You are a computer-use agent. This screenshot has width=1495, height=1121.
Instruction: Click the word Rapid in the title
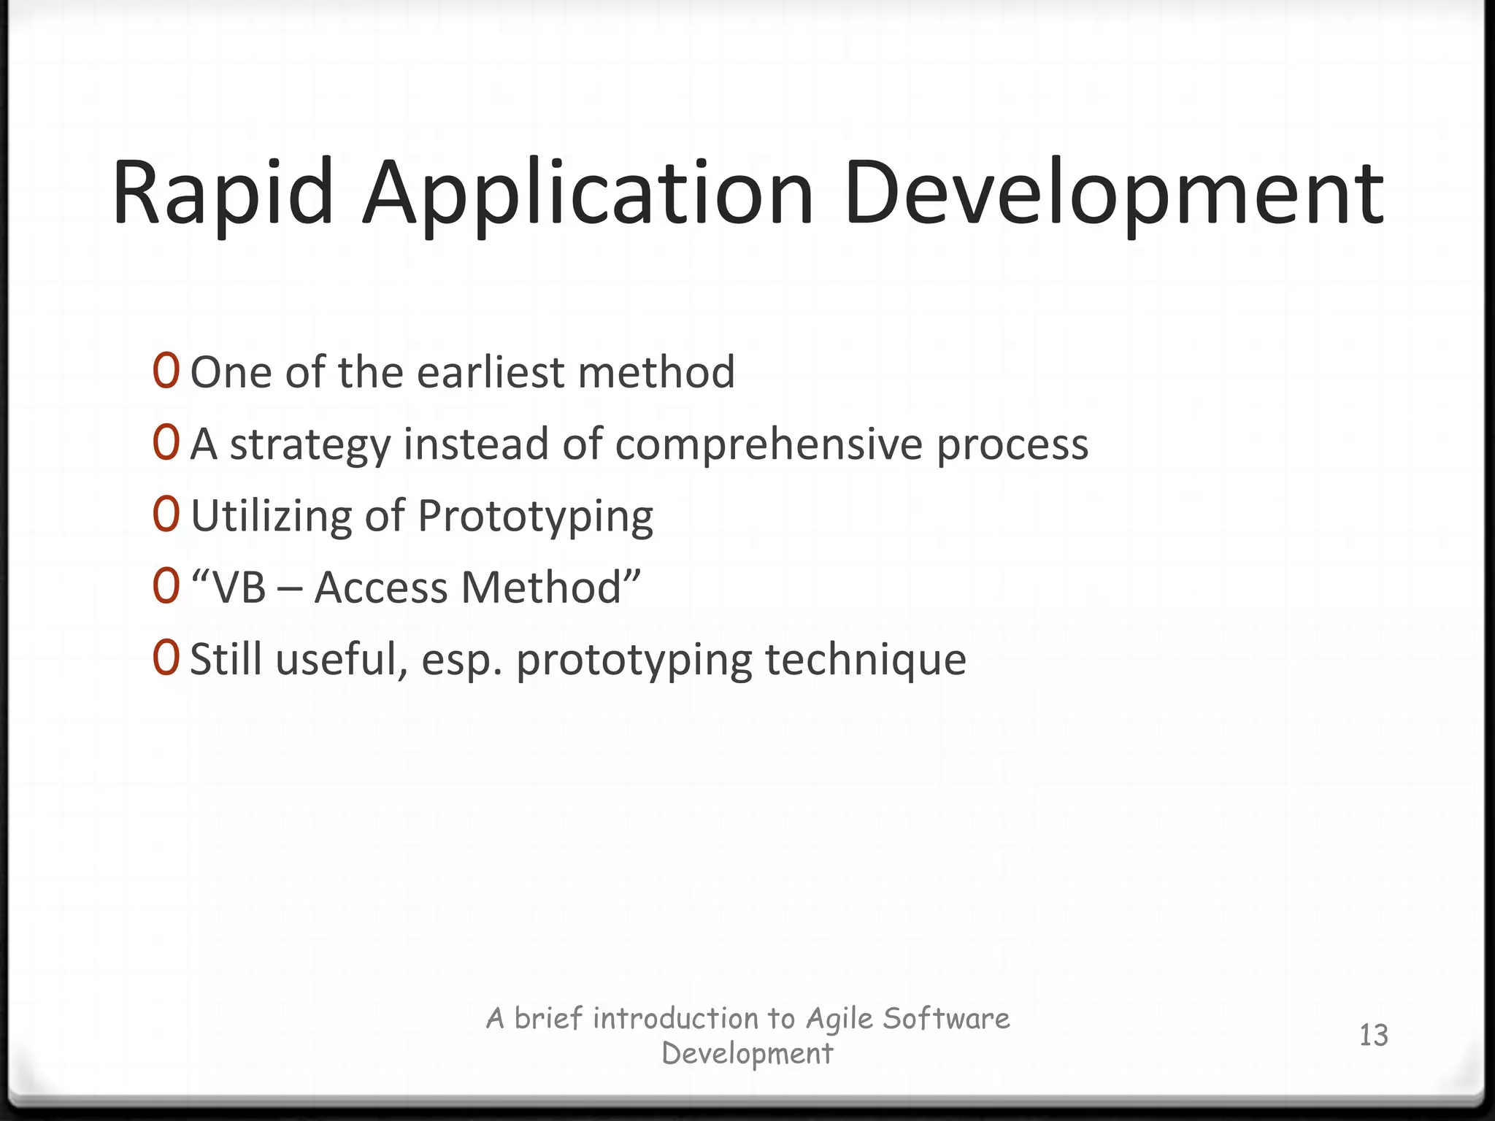pos(223,194)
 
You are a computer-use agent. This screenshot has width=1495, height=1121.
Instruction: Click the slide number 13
pos(1373,1036)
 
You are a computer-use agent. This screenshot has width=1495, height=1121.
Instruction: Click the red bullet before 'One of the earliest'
pos(166,371)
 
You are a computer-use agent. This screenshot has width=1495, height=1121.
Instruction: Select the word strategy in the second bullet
pos(310,444)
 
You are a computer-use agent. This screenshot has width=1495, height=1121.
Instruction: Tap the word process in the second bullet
pos(1012,444)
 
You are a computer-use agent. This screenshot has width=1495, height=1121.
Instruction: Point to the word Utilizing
pos(271,516)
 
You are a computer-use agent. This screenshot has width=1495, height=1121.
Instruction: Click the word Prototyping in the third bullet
pos(535,516)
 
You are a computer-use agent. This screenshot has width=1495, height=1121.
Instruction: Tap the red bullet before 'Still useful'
pos(166,658)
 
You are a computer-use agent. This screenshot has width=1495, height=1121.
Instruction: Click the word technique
pos(865,659)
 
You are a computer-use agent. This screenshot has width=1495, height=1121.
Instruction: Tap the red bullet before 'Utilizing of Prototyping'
pos(166,515)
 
